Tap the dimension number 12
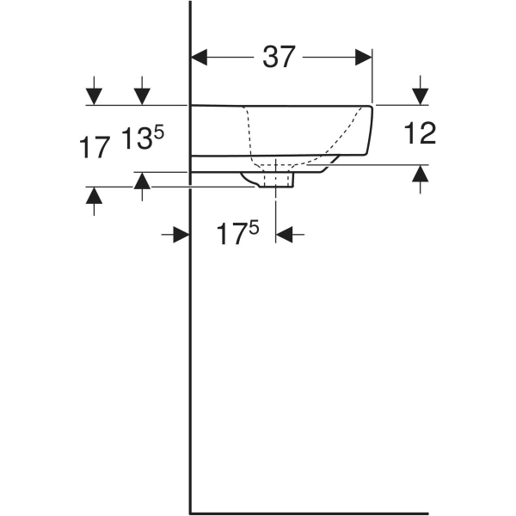(419, 133)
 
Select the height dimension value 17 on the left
(95, 147)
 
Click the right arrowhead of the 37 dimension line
(364, 58)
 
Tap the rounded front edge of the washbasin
(371, 129)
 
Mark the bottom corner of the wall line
(190, 510)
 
